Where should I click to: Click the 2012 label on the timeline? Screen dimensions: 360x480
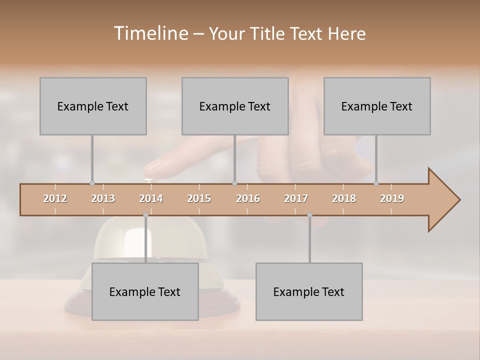[x=55, y=198]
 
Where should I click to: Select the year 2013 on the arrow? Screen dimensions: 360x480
[x=103, y=198]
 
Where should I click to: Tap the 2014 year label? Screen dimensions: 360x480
[x=151, y=198]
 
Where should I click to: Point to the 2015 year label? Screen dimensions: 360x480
[x=199, y=198]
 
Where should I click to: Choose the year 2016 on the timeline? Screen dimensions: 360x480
[x=248, y=198]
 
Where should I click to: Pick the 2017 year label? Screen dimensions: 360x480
[x=296, y=198]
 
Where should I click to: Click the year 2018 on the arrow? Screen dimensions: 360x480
[x=344, y=198]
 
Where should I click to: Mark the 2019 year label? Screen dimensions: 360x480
[x=392, y=198]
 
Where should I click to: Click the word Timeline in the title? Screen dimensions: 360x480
[x=150, y=33]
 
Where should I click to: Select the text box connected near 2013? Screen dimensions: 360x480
[x=93, y=106]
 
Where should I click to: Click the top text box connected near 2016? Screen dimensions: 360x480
[x=235, y=106]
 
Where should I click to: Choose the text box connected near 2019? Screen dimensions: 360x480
[x=377, y=106]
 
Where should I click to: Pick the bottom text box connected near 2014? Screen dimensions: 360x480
[x=145, y=291]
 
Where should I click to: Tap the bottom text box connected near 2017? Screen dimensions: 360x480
[x=309, y=291]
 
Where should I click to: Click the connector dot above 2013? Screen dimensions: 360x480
[x=92, y=183]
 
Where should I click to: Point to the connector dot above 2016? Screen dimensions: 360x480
[x=234, y=183]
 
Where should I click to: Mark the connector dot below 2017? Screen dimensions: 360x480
[x=309, y=215]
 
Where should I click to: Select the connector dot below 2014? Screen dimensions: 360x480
[x=145, y=215]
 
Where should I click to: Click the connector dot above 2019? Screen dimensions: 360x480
[x=376, y=183]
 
